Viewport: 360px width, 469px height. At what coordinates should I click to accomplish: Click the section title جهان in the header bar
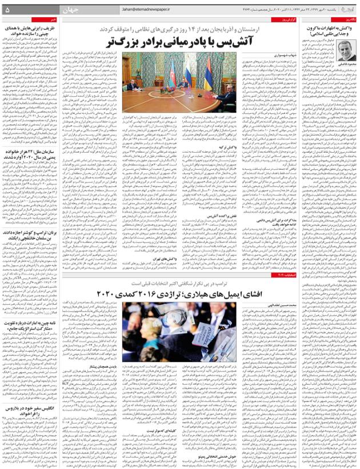54,10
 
